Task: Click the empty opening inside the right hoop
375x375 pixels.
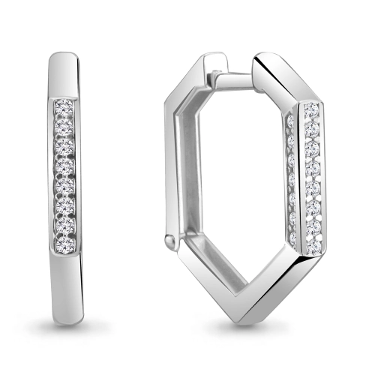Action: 232,187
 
